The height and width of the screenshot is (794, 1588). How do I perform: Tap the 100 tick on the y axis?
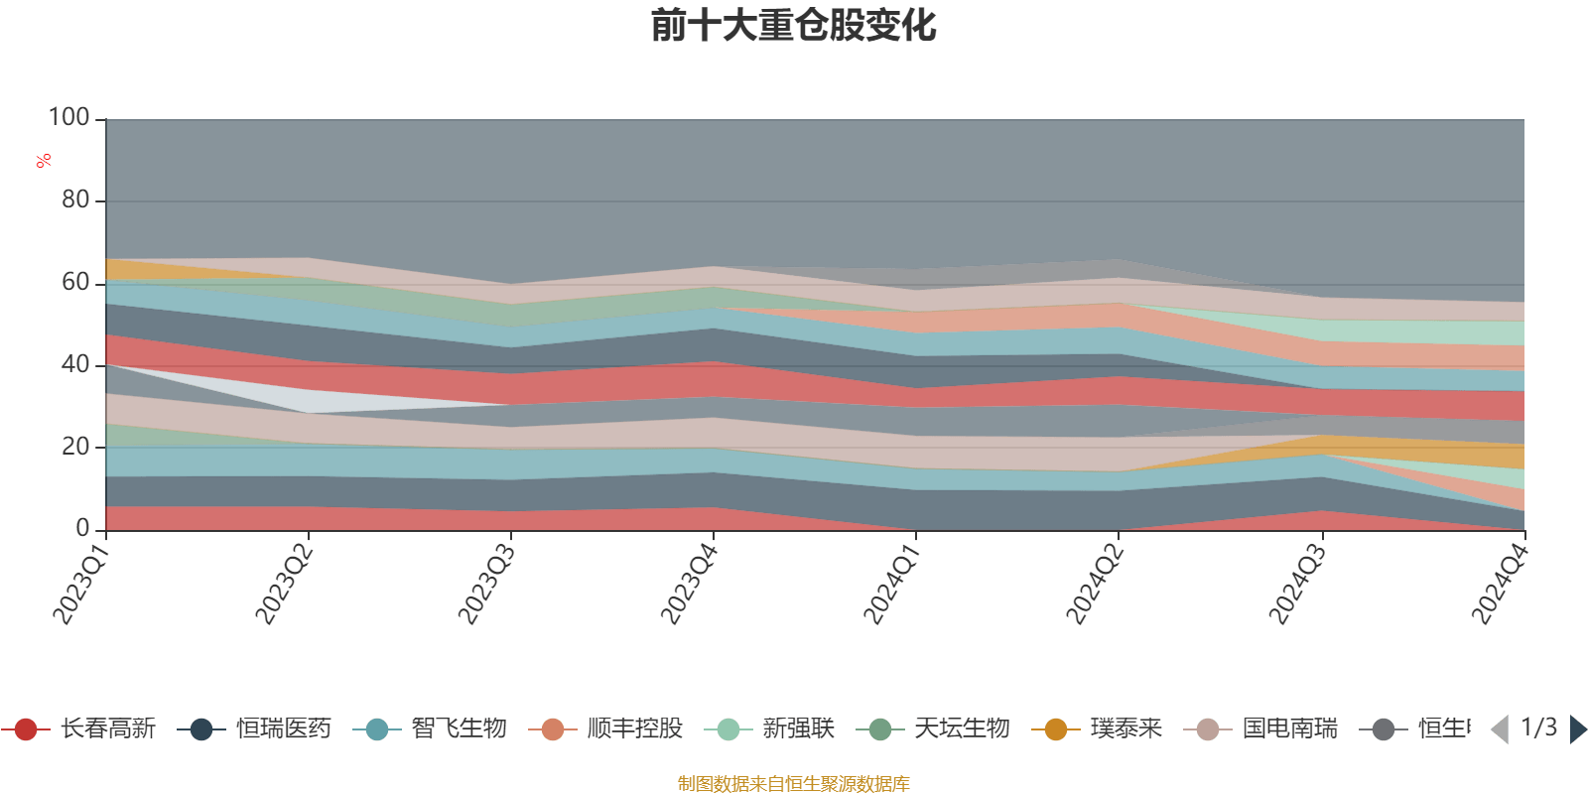point(69,118)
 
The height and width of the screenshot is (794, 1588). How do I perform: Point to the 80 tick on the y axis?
point(74,200)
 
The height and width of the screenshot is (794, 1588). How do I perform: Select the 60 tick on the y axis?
point(74,283)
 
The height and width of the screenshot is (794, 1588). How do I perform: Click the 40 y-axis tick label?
point(74,365)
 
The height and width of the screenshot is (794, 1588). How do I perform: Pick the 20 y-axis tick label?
point(74,447)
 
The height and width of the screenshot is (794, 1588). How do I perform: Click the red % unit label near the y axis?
point(43,161)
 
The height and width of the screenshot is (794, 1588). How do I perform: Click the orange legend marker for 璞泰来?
point(1056,729)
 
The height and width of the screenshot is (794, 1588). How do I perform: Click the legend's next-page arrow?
point(1577,729)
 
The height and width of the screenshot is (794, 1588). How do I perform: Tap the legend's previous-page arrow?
point(1500,729)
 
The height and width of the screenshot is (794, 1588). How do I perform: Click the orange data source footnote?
point(793,784)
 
